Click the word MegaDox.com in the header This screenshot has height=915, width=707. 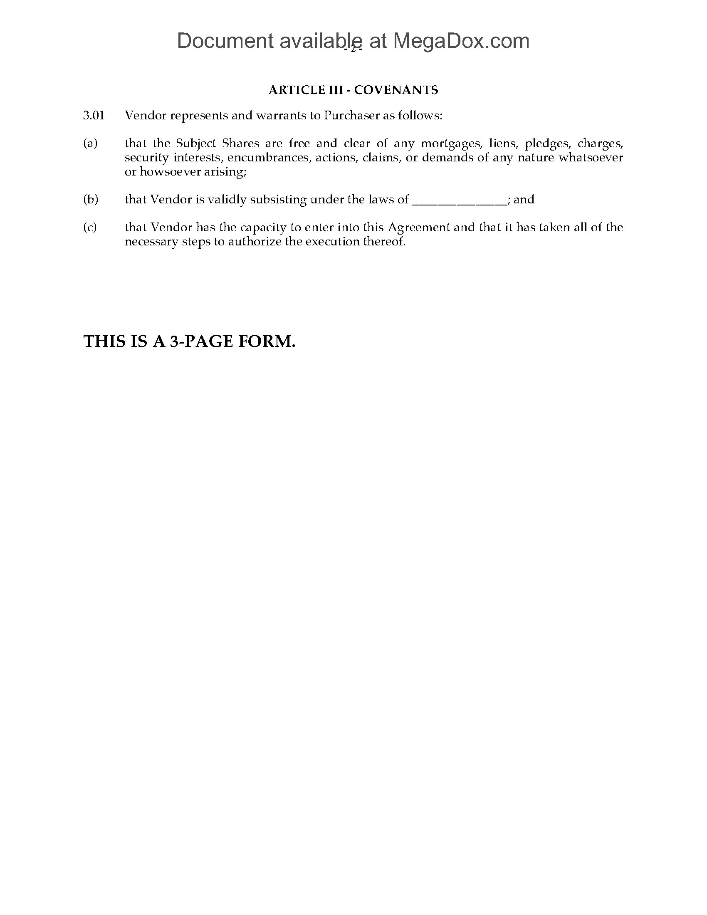[461, 41]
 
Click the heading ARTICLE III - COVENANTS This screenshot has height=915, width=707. [353, 90]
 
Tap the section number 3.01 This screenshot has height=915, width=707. [94, 116]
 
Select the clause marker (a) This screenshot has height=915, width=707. [90, 144]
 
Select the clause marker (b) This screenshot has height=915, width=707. [91, 199]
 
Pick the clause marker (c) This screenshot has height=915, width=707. [90, 228]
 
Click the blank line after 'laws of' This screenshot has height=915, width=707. [460, 200]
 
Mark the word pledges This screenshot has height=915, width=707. [547, 144]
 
